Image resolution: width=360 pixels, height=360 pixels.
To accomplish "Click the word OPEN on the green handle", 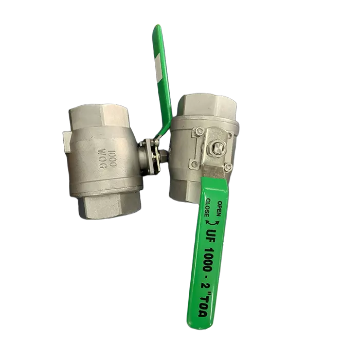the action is pyautogui.click(x=219, y=208).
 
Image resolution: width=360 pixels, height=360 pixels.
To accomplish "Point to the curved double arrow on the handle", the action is pyautogui.click(x=213, y=222).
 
